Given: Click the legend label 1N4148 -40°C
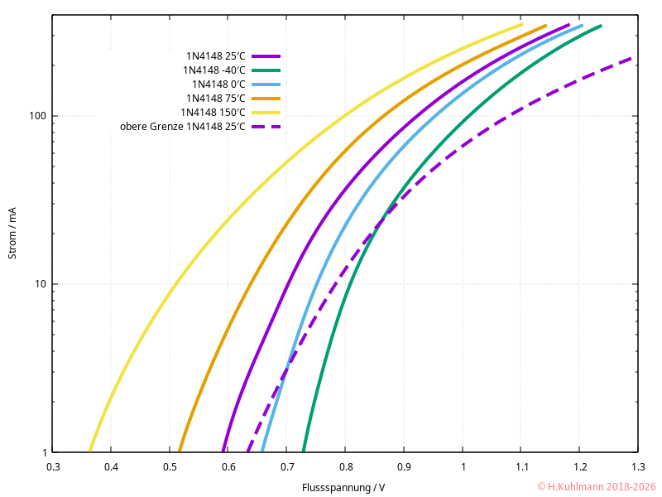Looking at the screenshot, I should [x=214, y=70].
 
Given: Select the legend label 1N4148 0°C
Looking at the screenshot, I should [x=218, y=84].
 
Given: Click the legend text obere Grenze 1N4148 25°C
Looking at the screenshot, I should [x=183, y=127].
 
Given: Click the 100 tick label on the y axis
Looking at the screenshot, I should [x=37, y=116].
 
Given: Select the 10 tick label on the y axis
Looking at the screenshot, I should [x=40, y=284].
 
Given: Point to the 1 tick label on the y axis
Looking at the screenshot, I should [x=43, y=453].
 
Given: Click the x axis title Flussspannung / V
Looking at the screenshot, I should [x=343, y=487].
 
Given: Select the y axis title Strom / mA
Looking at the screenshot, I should [x=12, y=233].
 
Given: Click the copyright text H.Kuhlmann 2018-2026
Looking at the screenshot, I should [x=596, y=487].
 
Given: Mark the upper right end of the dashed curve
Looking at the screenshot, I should [x=631, y=58].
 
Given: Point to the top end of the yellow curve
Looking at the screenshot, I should [x=522, y=25].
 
